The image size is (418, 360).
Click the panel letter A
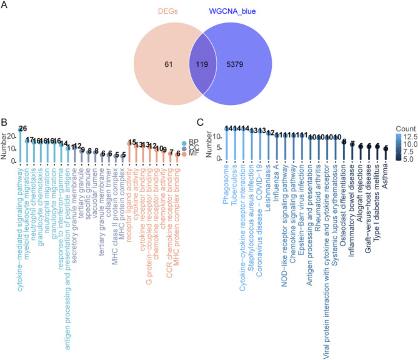pos(4,5)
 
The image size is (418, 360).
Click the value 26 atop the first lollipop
pos(22,129)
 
